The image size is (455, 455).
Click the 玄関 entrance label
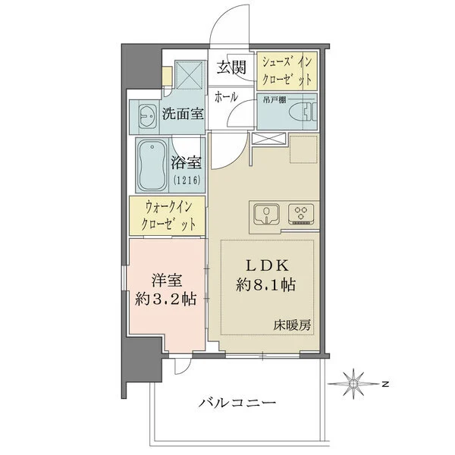(x=233, y=67)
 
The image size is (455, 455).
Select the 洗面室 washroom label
(x=183, y=115)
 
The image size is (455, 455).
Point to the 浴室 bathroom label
(x=186, y=162)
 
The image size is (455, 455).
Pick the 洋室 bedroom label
(x=162, y=278)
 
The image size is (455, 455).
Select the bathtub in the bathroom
(x=153, y=165)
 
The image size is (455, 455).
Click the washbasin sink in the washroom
(x=146, y=117)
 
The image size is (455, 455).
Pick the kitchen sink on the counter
(x=267, y=215)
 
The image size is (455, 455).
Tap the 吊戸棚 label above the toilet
(x=274, y=98)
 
